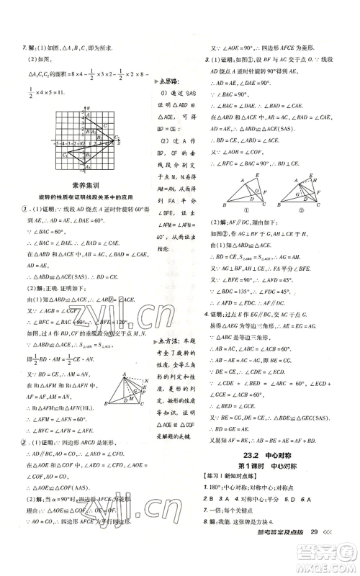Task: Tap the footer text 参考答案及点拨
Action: coord(279,552)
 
